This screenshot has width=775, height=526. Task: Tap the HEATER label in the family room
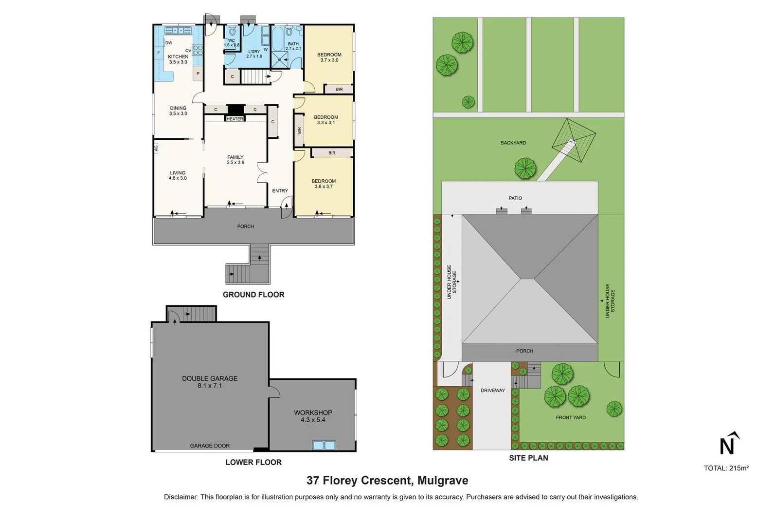[x=235, y=119]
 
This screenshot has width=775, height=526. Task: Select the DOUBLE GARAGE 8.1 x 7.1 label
[x=210, y=381]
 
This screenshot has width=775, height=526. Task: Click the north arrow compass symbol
[x=728, y=444]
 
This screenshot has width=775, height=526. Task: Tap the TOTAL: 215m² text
[x=726, y=468]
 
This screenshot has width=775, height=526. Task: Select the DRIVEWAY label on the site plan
[x=492, y=390]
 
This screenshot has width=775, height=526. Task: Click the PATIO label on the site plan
[x=515, y=198]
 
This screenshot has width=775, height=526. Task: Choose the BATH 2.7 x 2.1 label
[x=293, y=46]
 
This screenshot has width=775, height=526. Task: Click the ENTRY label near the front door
[x=280, y=190]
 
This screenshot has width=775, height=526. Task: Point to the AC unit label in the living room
[x=156, y=148]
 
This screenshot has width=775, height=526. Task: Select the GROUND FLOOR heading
[x=253, y=294]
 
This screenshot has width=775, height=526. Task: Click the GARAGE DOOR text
[x=210, y=445]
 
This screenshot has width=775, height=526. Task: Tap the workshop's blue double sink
[x=324, y=445]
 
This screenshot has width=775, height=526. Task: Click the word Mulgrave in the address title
[x=442, y=480]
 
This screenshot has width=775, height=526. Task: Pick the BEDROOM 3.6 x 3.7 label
[x=324, y=184]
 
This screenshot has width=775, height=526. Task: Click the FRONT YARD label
[x=571, y=417]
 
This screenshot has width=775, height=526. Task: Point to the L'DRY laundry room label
[x=254, y=54]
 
